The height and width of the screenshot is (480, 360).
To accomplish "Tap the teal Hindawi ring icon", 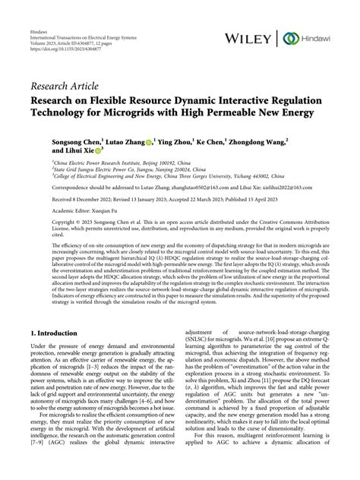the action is tap(289, 37).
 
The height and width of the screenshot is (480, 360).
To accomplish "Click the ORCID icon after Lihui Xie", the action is tap(100, 150).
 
